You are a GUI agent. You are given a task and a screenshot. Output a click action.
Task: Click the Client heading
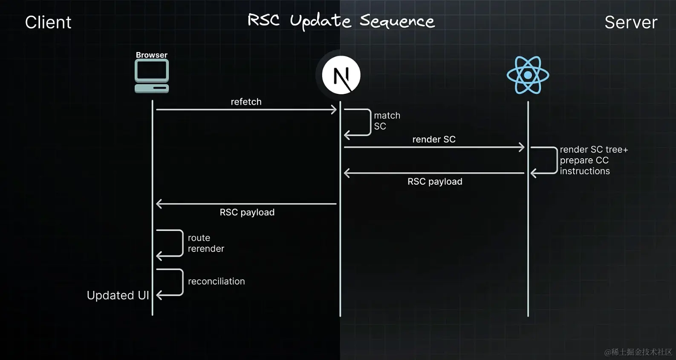48,22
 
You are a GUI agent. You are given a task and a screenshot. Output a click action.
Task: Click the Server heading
631,22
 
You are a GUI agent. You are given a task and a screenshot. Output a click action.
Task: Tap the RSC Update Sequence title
341,21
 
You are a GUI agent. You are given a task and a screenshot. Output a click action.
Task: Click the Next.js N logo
341,75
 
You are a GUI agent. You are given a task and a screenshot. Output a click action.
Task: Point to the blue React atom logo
528,75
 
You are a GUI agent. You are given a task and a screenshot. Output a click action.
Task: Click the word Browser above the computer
151,55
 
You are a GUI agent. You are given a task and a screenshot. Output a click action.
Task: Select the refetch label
246,102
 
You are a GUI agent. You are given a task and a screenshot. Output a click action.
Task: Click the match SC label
387,121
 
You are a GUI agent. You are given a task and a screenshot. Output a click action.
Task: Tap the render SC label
434,139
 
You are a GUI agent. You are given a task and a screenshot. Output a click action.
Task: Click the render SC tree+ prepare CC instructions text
593,160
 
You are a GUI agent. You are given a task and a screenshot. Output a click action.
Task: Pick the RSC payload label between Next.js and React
435,182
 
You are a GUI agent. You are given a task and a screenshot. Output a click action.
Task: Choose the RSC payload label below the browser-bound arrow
247,212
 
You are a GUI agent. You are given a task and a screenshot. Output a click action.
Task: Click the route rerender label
205,243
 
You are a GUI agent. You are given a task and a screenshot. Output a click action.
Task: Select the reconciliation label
216,282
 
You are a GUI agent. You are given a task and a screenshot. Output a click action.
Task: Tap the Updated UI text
118,295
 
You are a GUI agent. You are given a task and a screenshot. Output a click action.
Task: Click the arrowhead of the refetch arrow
334,110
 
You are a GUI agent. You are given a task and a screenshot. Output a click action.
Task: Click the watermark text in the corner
638,352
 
